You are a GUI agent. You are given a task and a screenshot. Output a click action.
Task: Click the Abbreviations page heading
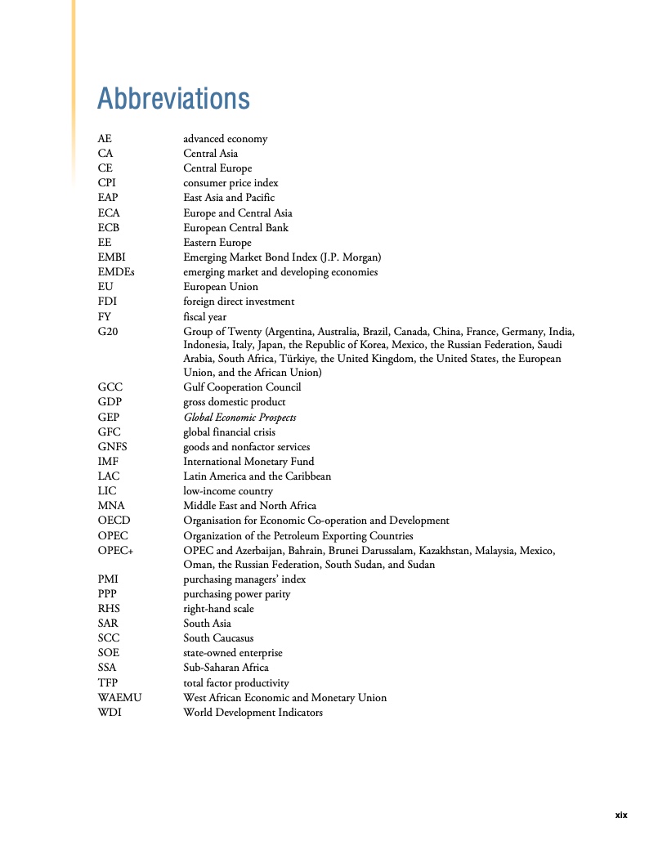click(x=173, y=99)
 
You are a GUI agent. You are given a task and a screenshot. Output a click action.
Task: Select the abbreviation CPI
click(x=106, y=183)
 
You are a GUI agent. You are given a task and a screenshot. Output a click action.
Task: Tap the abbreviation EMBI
click(x=111, y=257)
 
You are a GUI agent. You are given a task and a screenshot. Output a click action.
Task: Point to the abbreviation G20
click(x=107, y=332)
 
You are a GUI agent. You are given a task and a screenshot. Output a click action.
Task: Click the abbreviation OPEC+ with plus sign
click(x=115, y=551)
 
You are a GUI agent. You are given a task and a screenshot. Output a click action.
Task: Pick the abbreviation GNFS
click(x=112, y=447)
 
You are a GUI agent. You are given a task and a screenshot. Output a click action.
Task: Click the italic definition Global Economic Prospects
click(x=239, y=418)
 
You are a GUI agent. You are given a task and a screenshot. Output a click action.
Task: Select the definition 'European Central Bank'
click(x=235, y=228)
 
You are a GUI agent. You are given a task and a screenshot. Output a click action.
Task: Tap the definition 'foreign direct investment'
click(x=239, y=302)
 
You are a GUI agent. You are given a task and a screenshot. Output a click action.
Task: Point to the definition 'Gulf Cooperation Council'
click(x=242, y=387)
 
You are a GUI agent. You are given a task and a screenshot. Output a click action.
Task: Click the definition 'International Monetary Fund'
click(x=248, y=462)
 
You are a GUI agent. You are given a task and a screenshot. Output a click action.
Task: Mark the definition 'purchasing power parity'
click(x=236, y=594)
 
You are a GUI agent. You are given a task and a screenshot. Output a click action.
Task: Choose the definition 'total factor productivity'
click(x=235, y=682)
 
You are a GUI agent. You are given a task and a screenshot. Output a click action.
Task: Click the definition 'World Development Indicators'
click(x=253, y=713)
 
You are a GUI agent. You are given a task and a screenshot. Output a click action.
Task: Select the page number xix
click(x=620, y=815)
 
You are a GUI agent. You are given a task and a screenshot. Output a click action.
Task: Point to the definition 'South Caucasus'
click(x=218, y=638)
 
